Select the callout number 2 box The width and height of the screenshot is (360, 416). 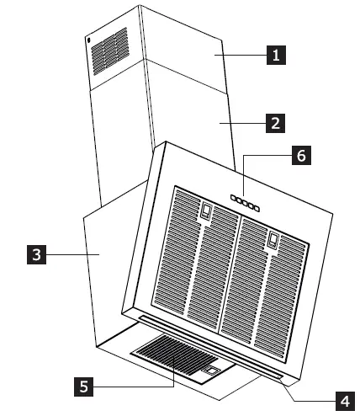click(273, 123)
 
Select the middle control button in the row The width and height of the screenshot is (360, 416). click(243, 203)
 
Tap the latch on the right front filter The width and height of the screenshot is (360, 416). click(273, 241)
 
